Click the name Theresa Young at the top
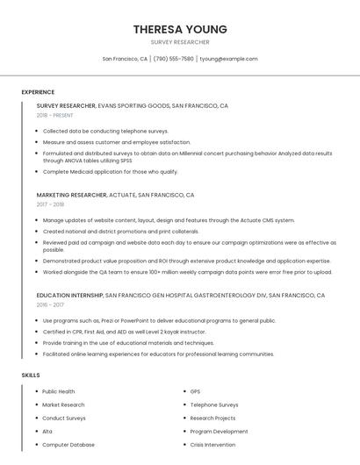click(180, 29)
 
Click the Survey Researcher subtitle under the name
click(180, 42)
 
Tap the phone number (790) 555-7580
click(174, 59)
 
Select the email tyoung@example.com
click(228, 59)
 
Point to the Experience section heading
click(38, 92)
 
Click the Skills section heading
click(31, 376)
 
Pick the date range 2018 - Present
click(54, 115)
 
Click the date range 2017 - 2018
click(50, 204)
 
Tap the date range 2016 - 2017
click(50, 305)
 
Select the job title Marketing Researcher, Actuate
click(115, 195)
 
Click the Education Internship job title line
click(180, 296)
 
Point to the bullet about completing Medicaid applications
click(110, 172)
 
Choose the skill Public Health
click(59, 391)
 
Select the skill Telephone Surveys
click(214, 404)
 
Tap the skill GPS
click(195, 391)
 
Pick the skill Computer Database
click(68, 445)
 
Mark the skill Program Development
click(219, 432)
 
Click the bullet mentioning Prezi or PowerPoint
click(159, 321)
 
